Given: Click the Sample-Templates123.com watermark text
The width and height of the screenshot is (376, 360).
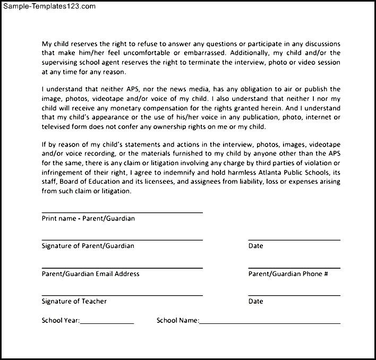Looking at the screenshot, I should click(x=48, y=7).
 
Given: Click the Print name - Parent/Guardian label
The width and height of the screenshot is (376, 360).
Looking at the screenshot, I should click(x=88, y=218).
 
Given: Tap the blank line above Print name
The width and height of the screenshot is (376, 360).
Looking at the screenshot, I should click(x=122, y=212).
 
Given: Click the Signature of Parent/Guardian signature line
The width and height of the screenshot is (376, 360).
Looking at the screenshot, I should click(x=122, y=239).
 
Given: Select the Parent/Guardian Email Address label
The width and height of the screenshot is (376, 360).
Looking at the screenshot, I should click(x=90, y=273).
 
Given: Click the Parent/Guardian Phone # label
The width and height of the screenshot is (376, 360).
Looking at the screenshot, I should click(x=288, y=273).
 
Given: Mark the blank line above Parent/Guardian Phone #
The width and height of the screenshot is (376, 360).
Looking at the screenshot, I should click(x=294, y=267).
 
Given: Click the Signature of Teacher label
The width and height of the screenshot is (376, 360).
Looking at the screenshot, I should click(x=74, y=301).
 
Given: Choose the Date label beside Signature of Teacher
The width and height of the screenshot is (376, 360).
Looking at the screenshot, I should click(x=255, y=301).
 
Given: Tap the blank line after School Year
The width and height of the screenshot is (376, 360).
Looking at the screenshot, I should click(x=107, y=323).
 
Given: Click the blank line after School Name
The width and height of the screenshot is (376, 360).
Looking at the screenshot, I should click(x=270, y=323).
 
